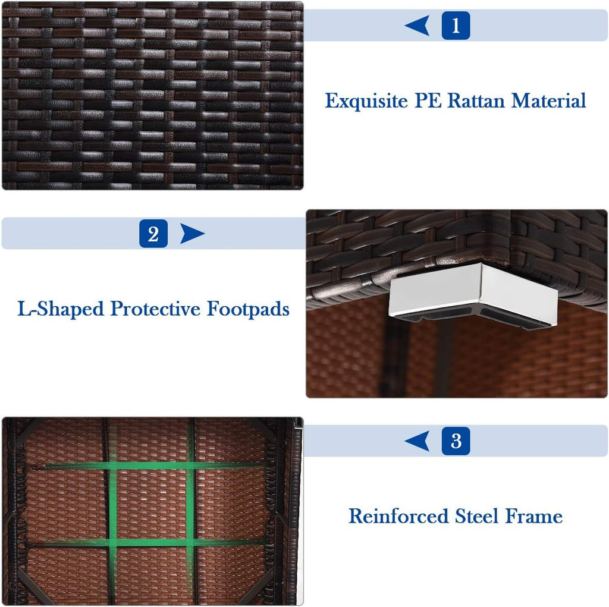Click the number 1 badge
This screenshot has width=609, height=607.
point(456,26)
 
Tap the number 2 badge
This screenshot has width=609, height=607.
point(153,234)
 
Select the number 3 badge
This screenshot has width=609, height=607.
point(456,441)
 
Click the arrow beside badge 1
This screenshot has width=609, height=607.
point(418,26)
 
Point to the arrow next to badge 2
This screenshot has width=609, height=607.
point(192,234)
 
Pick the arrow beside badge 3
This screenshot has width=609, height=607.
point(418,441)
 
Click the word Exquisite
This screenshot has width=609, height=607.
point(366,101)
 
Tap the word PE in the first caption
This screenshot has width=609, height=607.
point(428,100)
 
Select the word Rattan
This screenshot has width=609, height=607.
point(476,100)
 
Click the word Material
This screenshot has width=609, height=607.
point(548,100)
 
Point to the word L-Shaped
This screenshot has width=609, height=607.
point(61,309)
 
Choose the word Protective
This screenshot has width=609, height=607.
point(155,309)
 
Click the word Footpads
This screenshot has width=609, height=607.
point(248,309)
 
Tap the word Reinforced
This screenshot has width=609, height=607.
point(398,516)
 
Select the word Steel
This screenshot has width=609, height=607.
point(476,516)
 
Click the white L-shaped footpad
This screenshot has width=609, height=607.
point(474,292)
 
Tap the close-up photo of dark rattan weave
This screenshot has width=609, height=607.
point(153,96)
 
